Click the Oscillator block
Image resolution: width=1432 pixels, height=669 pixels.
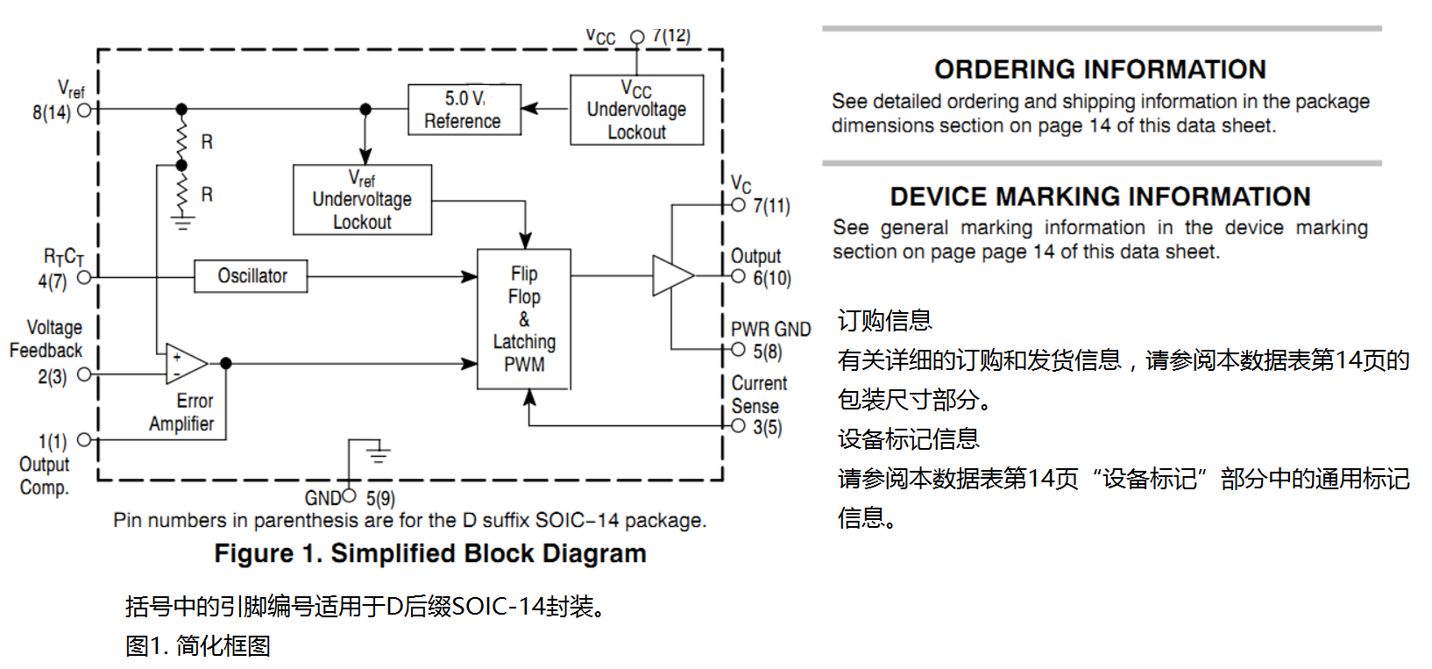(x=251, y=276)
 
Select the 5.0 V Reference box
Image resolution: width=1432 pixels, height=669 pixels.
(x=464, y=110)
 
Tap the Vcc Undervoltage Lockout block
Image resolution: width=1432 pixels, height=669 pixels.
(x=637, y=110)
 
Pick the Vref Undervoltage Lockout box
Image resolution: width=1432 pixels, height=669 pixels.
(x=363, y=200)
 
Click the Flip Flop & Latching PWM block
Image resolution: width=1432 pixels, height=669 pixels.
(x=524, y=319)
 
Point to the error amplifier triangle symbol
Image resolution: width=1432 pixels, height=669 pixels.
(x=186, y=363)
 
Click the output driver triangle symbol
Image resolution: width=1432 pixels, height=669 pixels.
(x=673, y=275)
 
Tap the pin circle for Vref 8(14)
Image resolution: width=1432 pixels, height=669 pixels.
(x=84, y=110)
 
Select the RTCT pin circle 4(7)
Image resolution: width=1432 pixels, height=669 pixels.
(x=84, y=278)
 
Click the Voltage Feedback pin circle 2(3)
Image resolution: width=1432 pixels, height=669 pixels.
(x=84, y=374)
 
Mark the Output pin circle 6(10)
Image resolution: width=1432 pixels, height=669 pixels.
(x=739, y=276)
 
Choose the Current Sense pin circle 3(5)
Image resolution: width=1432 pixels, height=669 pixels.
(x=739, y=426)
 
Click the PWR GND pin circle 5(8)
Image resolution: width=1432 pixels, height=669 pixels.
(x=739, y=349)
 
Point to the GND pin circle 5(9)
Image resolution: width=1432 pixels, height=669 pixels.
(x=349, y=495)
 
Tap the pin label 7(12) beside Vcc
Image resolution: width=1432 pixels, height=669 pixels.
(x=671, y=35)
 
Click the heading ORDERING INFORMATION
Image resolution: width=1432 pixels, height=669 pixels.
(x=1100, y=69)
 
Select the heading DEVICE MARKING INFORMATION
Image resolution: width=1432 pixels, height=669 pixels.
(x=1100, y=196)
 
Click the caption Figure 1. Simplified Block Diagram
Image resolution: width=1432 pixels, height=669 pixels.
(x=430, y=553)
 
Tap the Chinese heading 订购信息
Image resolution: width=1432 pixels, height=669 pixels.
(x=885, y=320)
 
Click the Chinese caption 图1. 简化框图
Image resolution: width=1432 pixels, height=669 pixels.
(x=197, y=645)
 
